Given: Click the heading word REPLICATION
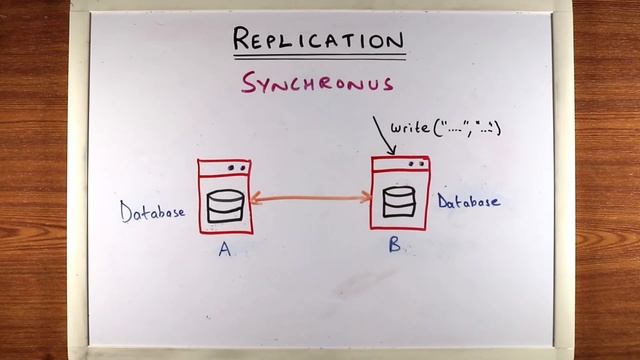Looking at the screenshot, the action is point(318,39).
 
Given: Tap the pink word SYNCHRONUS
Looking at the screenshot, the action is point(317,84).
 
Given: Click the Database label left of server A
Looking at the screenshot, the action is point(152,212).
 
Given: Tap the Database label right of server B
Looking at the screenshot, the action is point(468,201).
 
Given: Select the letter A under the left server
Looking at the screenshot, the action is point(225,249).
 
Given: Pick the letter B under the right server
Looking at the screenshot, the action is point(395,243).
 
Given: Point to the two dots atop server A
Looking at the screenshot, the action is point(236,168).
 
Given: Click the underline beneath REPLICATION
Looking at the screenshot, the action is point(318,55).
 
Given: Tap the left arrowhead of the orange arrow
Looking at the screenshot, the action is point(256,201).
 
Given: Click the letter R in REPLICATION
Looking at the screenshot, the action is point(241,39).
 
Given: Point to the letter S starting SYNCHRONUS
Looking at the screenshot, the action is point(247,84).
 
